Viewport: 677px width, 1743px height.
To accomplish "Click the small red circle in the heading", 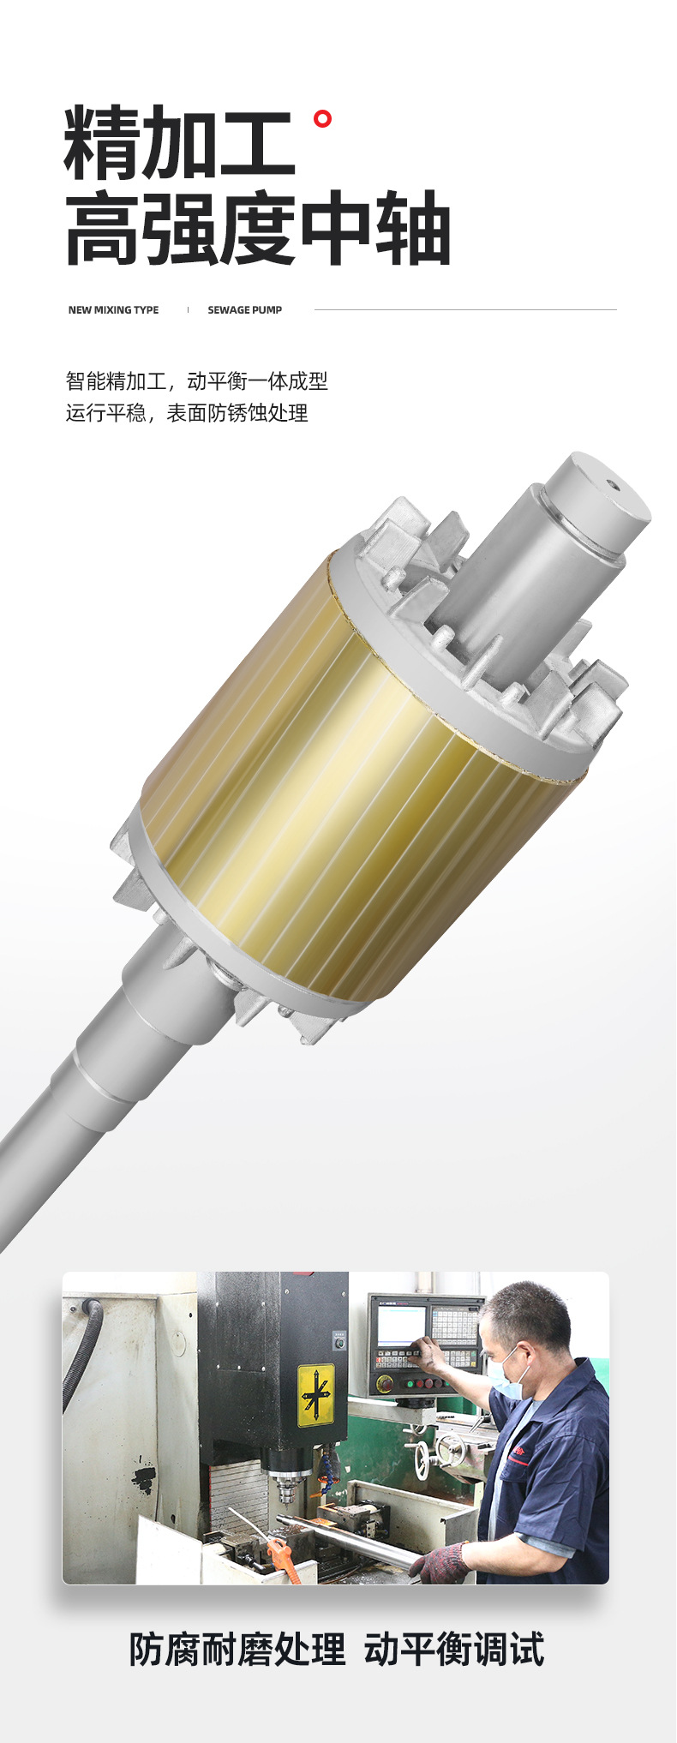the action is click(322, 119).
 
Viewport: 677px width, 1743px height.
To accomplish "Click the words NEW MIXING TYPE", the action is click(113, 310).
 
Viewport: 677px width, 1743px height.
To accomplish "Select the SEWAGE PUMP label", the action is click(244, 310).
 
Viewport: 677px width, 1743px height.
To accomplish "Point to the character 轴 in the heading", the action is click(412, 228).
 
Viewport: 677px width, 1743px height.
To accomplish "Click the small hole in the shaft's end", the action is click(612, 484).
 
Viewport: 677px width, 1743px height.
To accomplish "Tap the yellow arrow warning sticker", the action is click(315, 1396).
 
